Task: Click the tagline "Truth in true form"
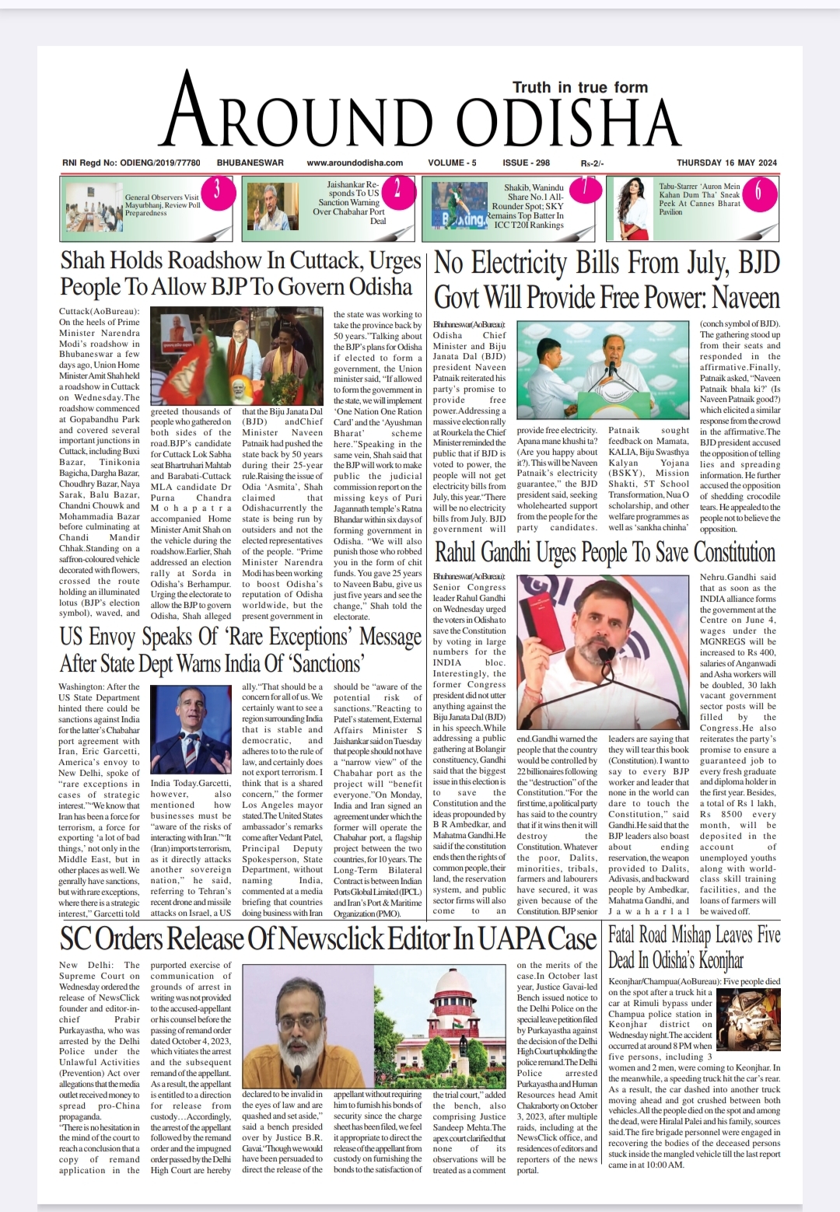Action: click(x=579, y=87)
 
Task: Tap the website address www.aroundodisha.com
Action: click(x=355, y=162)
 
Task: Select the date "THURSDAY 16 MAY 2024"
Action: click(x=726, y=162)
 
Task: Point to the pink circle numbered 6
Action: click(x=756, y=191)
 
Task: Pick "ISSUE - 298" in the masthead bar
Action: click(x=526, y=162)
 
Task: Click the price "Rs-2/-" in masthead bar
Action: click(x=592, y=163)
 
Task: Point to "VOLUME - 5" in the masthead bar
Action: click(x=452, y=162)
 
